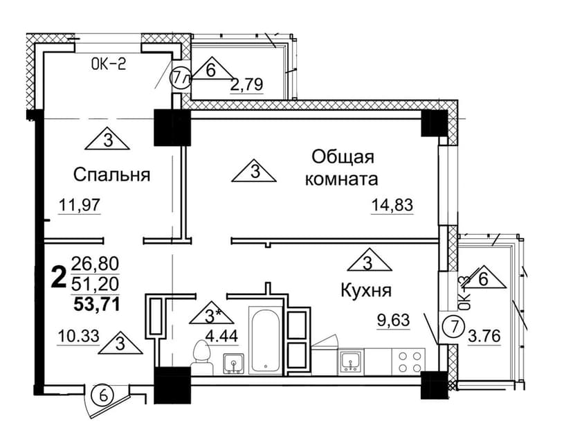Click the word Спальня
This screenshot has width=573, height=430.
(112, 174)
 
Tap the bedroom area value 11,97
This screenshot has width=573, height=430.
(80, 205)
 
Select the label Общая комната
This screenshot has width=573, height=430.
(342, 168)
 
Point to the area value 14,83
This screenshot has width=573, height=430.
(392, 205)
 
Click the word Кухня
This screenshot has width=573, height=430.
(366, 291)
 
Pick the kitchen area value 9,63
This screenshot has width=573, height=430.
(393, 321)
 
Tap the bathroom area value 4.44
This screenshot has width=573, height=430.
(221, 335)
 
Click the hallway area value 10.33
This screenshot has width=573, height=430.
(79, 335)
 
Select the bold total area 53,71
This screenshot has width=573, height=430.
(97, 304)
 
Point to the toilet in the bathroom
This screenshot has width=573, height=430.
(202, 357)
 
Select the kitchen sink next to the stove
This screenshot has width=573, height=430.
(350, 361)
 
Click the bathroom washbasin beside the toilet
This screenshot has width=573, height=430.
(233, 364)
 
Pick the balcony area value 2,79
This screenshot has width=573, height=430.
(246, 85)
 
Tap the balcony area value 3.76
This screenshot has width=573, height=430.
(484, 336)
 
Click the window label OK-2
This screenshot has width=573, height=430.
(108, 64)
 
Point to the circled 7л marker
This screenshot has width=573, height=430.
(181, 78)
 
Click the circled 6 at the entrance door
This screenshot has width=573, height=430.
(104, 396)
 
